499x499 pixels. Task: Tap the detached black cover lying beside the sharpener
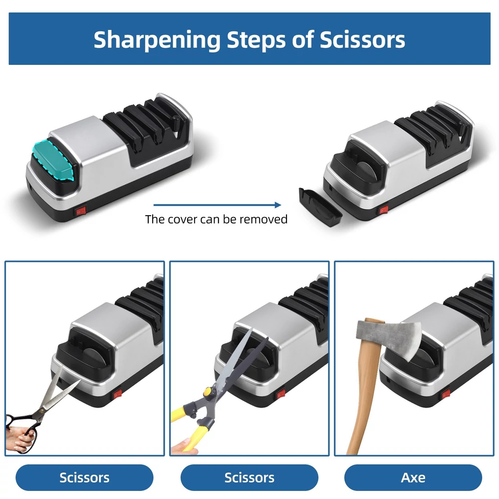tap(320, 207)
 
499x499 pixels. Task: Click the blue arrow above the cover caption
tap(217, 205)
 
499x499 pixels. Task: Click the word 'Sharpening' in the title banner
tap(157, 40)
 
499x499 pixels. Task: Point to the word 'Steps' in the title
tap(256, 40)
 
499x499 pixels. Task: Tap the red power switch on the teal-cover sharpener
tap(81, 211)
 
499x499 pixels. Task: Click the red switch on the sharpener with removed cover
tap(383, 210)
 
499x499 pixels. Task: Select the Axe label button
tap(413, 478)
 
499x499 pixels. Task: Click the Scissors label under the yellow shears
tap(249, 478)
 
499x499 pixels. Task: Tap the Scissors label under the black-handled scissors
tap(84, 478)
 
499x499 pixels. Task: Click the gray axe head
tap(390, 339)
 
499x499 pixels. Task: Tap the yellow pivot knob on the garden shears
tap(208, 391)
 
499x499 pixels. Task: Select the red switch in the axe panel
tap(446, 394)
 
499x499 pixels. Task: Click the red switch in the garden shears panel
tap(280, 394)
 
